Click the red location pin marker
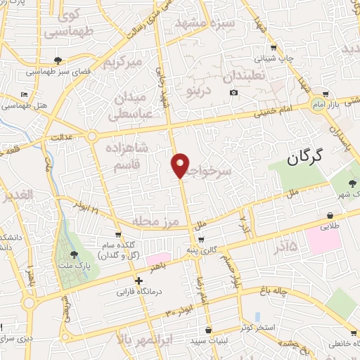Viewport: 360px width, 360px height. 181,165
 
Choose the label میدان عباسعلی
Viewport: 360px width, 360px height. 131,103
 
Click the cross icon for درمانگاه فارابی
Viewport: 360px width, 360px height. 139,281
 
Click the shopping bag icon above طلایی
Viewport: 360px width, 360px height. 329,215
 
